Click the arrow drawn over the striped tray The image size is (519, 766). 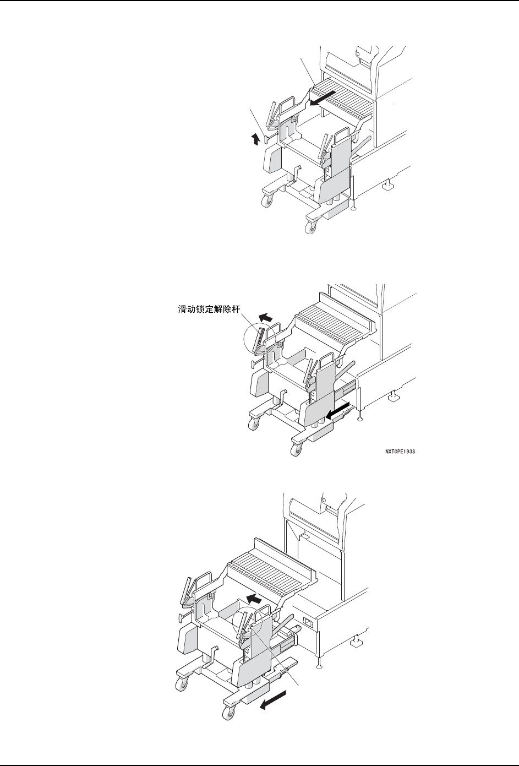[x=321, y=99]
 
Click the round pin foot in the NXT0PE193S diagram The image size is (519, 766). [x=359, y=419]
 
